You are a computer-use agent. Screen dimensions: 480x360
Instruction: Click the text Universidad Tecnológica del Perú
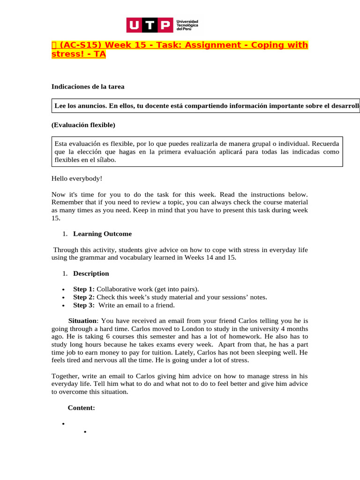pyautogui.click(x=187, y=25)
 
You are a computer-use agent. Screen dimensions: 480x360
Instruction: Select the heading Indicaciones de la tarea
pyautogui.click(x=87, y=87)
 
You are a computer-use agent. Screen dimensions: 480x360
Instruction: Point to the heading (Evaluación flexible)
pyautogui.click(x=83, y=125)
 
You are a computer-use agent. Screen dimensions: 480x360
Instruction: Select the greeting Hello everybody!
pyautogui.click(x=76, y=178)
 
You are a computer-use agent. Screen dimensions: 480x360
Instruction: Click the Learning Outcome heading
pyautogui.click(x=102, y=234)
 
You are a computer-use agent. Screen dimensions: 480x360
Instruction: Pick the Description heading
pyautogui.click(x=91, y=273)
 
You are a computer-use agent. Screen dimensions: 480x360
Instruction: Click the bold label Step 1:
pyautogui.click(x=84, y=289)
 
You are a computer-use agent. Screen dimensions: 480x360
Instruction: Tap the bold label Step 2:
pyautogui.click(x=84, y=297)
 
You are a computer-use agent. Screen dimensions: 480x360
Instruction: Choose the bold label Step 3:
pyautogui.click(x=84, y=305)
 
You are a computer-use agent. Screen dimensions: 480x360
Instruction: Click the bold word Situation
pyautogui.click(x=83, y=321)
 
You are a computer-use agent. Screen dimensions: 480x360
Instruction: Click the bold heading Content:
pyautogui.click(x=82, y=408)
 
